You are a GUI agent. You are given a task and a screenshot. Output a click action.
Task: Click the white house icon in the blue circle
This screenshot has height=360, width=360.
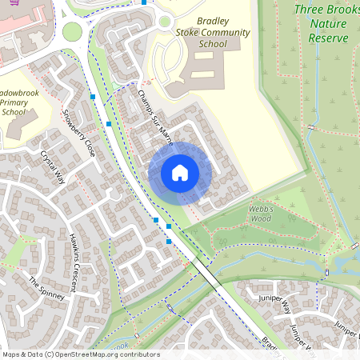[x=180, y=173]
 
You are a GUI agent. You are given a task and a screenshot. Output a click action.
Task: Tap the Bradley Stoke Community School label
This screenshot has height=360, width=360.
[x=212, y=33]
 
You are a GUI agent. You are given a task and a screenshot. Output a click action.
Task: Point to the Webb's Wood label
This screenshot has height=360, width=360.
[x=261, y=213]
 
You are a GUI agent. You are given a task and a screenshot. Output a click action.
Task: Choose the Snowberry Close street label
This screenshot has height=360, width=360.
[x=79, y=133]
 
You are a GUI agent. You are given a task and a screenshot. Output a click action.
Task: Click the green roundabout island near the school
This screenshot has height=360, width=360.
[x=73, y=31]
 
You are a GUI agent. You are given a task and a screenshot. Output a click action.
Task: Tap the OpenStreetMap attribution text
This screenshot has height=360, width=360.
[x=81, y=354]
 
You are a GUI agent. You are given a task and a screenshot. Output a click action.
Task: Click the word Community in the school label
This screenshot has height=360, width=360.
[x=213, y=33]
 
